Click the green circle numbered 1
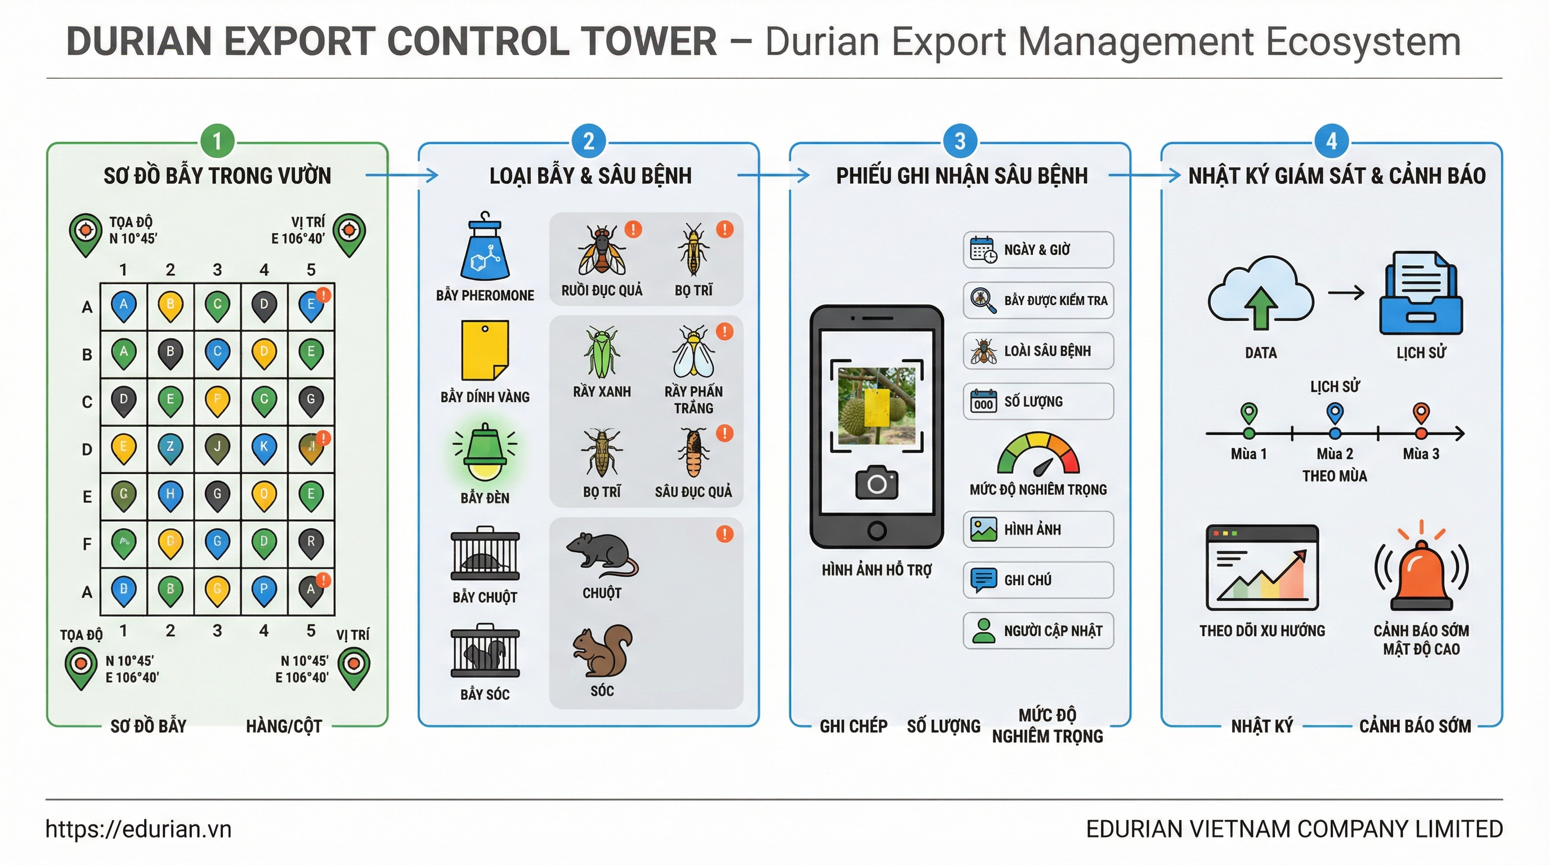click(x=218, y=142)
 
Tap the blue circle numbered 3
click(x=960, y=142)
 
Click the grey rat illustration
click(x=602, y=554)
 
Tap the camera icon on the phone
click(x=877, y=483)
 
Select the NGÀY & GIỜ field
click(x=1038, y=249)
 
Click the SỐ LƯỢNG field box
click(x=1038, y=401)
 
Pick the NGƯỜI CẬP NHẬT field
click(x=1038, y=630)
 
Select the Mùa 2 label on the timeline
click(x=1335, y=453)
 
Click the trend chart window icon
click(x=1262, y=568)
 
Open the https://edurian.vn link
click(x=138, y=829)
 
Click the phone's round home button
click(x=877, y=530)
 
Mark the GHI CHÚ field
click(x=1038, y=580)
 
